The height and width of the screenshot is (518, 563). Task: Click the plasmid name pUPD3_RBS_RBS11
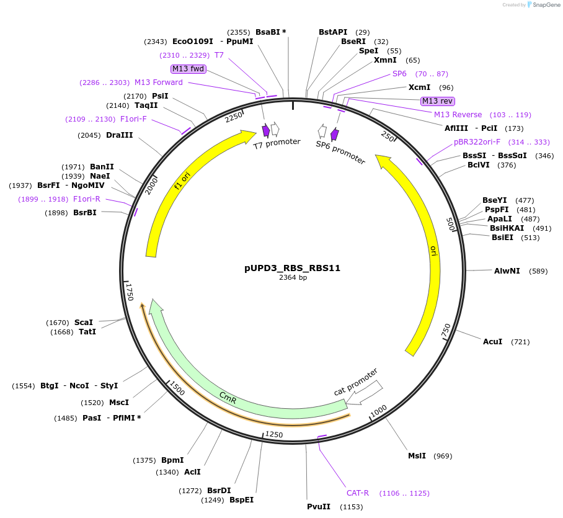292,269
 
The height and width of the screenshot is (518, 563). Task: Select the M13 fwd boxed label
188,69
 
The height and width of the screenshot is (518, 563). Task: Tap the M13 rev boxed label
438,101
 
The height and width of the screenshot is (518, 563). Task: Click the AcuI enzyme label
492,342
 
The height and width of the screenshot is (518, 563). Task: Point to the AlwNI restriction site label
507,271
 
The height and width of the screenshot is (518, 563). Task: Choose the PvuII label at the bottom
319,507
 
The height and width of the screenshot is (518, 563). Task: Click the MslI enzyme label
417,456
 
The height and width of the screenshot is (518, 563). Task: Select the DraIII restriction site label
119,135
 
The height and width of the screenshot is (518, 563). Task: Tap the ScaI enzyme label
84,323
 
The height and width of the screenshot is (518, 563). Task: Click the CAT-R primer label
358,493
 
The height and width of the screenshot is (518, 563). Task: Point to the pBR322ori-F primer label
477,142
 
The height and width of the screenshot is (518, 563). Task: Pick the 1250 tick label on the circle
274,434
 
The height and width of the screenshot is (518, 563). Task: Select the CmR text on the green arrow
228,398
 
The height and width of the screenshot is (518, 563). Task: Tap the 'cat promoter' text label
356,382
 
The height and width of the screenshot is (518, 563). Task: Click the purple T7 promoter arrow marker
266,130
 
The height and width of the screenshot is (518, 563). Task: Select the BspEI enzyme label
241,500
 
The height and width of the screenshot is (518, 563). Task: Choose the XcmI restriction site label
419,87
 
